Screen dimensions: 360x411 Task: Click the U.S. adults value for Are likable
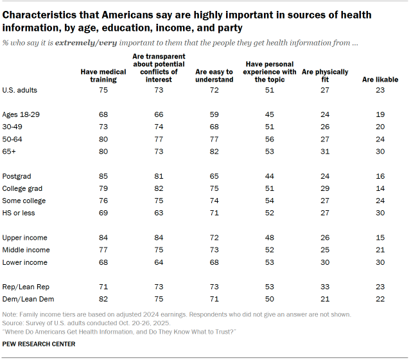[x=380, y=90]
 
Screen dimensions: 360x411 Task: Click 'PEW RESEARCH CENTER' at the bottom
[x=39, y=344]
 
